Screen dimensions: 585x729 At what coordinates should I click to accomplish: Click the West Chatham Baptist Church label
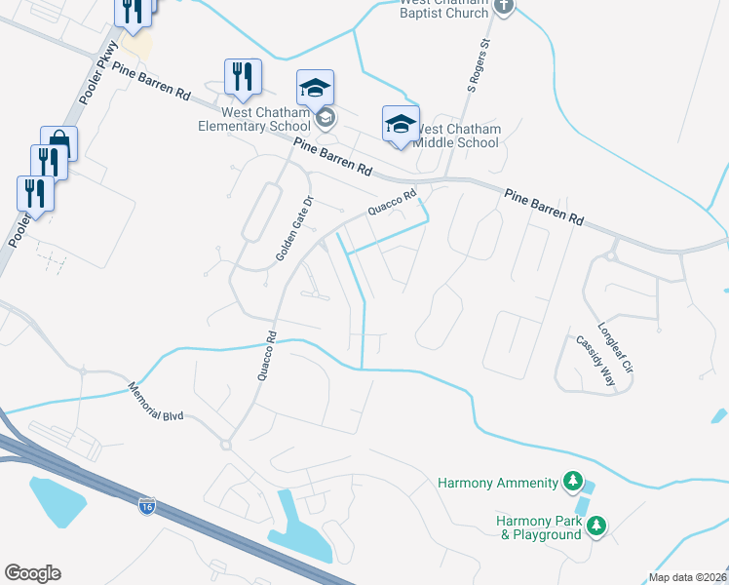tap(443, 9)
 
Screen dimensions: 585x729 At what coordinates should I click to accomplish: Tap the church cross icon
tap(503, 7)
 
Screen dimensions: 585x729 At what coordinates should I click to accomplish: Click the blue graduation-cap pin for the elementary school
tap(315, 88)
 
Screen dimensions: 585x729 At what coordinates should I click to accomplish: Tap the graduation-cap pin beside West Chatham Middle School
tap(400, 124)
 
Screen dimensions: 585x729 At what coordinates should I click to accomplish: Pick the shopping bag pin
tap(58, 143)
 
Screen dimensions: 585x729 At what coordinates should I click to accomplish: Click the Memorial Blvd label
tap(155, 401)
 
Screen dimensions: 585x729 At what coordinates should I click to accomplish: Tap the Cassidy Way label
tap(595, 361)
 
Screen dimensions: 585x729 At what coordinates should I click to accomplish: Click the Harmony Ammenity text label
tap(497, 483)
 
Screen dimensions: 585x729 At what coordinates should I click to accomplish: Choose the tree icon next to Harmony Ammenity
tap(574, 482)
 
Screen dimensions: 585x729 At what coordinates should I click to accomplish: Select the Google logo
tap(32, 573)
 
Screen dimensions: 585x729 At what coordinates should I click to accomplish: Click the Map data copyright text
tap(687, 577)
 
